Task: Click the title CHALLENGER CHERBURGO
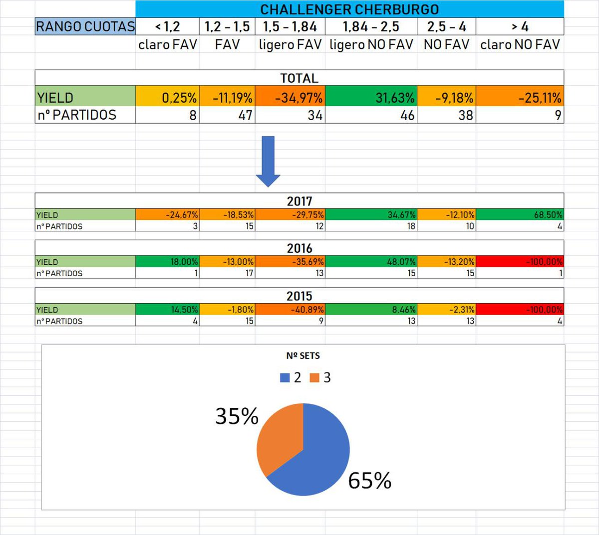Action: click(349, 9)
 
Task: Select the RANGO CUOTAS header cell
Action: click(85, 26)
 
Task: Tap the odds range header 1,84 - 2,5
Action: click(371, 26)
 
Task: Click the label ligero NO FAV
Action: click(371, 45)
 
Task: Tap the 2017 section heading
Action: click(299, 201)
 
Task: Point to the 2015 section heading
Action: click(299, 296)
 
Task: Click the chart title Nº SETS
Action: click(303, 356)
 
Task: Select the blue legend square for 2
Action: click(285, 378)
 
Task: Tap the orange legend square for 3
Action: click(314, 378)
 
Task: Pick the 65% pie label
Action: click(369, 481)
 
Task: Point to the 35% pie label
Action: click(237, 416)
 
